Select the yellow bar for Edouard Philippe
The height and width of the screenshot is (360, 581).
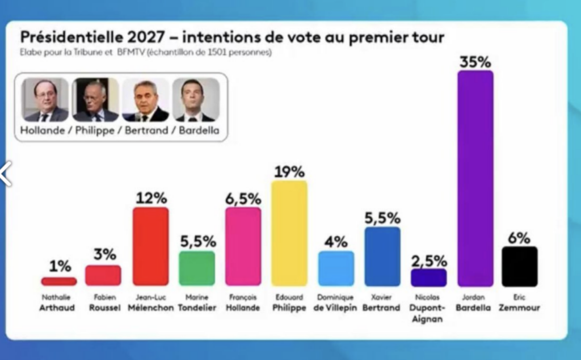coord(289,233)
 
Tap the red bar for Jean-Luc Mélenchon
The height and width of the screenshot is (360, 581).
coord(150,246)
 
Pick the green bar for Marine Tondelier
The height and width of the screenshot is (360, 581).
coord(197,268)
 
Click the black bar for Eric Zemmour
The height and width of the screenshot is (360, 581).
coord(519,266)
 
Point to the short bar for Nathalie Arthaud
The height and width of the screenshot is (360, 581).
coord(58,281)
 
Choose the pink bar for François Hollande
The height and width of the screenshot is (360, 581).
coord(243,246)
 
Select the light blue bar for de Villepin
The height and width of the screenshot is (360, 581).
coord(336,268)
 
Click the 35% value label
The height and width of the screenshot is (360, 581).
coord(475,61)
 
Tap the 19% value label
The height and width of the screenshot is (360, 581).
coord(289,171)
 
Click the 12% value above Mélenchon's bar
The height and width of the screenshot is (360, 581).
coord(150,198)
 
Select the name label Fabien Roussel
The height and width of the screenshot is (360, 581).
coord(104,303)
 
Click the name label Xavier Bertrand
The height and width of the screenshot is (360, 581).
coord(382,303)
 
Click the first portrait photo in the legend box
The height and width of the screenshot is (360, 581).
coord(45,100)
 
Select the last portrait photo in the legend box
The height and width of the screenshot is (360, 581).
coord(195,100)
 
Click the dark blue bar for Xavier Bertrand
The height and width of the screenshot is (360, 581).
coord(382,256)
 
